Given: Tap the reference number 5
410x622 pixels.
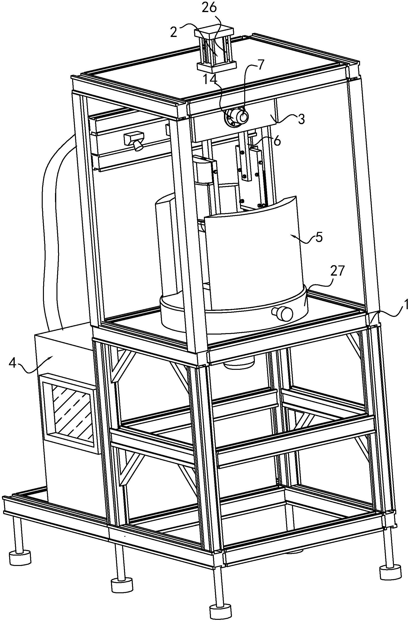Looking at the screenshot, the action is tap(319, 237).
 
